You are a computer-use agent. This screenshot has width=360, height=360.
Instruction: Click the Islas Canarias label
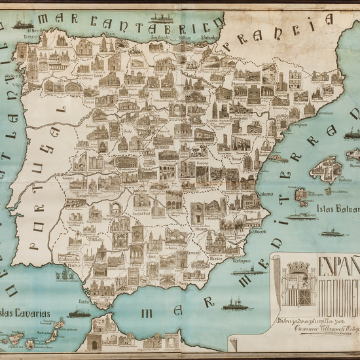[26, 314]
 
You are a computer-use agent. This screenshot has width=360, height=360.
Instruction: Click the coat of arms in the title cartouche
[298, 282]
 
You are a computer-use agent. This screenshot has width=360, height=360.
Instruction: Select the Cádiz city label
[84, 302]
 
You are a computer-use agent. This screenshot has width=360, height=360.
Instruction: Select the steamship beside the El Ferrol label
[23, 24]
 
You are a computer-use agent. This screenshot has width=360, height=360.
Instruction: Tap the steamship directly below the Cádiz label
[79, 314]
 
